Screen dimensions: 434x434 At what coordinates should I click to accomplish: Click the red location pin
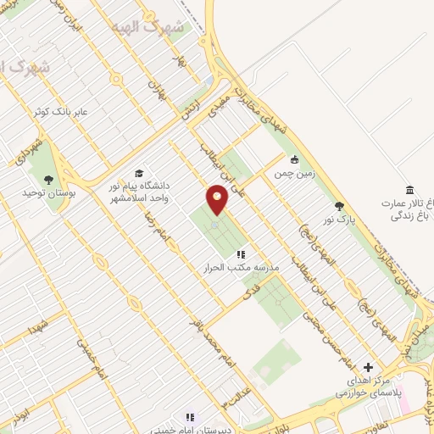point(218,199)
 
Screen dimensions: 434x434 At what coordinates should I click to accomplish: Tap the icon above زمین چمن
point(294,159)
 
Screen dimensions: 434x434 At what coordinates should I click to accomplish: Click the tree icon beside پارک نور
point(340,206)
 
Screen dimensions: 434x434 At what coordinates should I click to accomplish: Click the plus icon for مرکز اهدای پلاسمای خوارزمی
point(367,367)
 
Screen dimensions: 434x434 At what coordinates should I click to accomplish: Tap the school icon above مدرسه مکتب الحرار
point(241,253)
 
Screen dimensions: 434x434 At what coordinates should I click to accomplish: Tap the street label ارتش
point(188,107)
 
